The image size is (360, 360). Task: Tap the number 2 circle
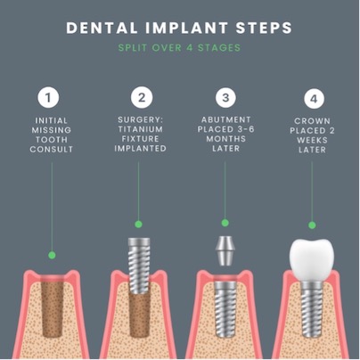click(138, 96)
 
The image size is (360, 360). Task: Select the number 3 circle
click(225, 96)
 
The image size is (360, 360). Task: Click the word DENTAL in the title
click(101, 28)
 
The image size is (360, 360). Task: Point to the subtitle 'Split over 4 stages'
click(179, 47)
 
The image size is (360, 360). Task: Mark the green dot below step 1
click(52, 255)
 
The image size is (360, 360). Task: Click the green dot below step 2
click(138, 224)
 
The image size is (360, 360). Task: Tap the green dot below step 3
click(225, 223)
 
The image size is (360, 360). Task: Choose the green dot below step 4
click(311, 225)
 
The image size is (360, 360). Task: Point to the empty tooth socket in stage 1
click(51, 303)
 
